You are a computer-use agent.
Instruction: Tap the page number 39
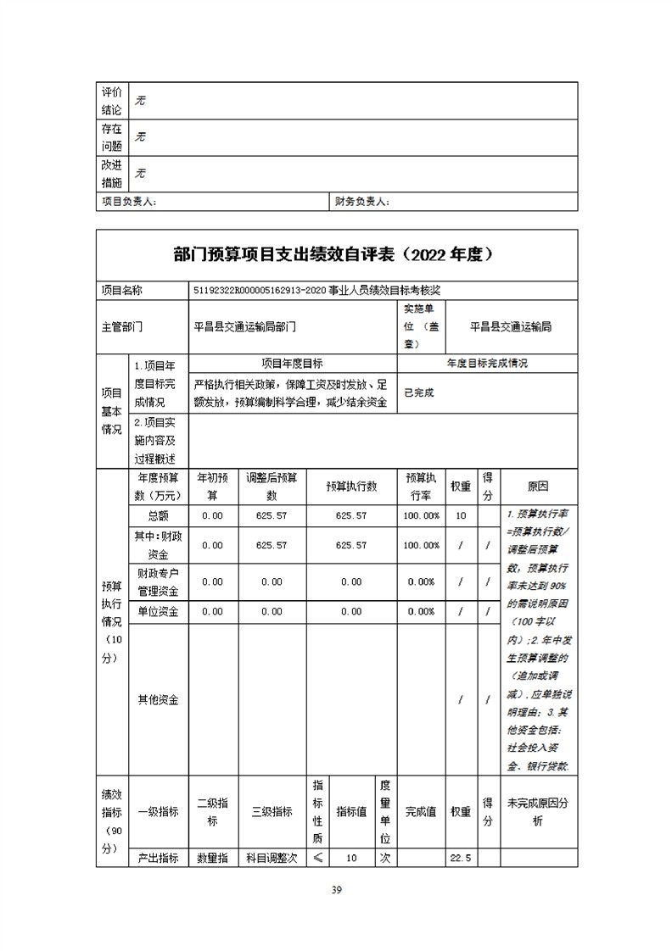coord(336,890)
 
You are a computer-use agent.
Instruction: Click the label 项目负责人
coord(129,203)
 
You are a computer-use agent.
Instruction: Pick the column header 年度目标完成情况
coord(487,363)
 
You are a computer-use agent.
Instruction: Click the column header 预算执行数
coord(351,487)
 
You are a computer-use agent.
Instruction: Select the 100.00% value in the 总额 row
coord(421,515)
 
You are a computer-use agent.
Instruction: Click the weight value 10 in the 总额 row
coord(461,515)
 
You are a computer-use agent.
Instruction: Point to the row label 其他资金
coord(157,700)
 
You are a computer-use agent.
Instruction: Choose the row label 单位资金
coord(157,611)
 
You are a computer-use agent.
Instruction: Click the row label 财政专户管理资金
coord(157,581)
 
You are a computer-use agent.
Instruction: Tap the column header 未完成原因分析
coord(537,811)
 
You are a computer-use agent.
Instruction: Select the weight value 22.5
coord(461,859)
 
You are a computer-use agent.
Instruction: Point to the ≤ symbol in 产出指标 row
coord(317,859)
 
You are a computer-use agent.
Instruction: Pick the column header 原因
coord(537,487)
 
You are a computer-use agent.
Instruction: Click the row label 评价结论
coord(112,101)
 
